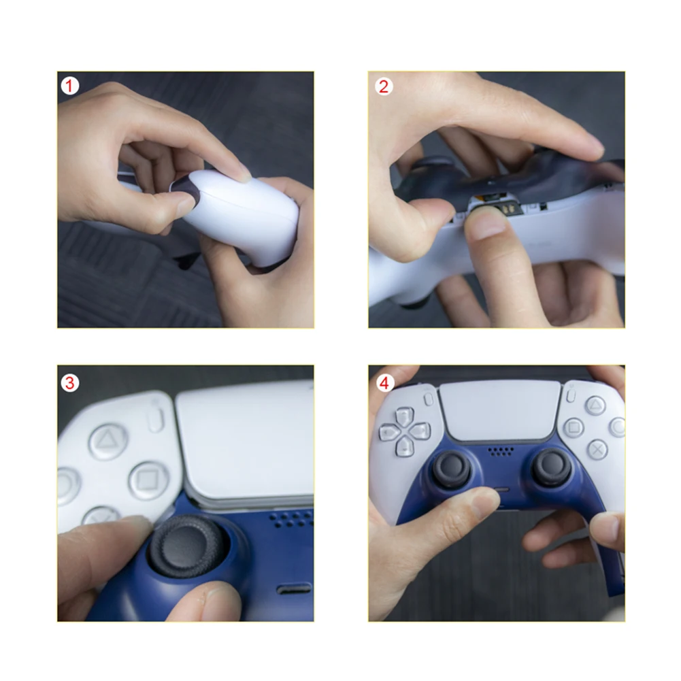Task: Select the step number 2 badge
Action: pos(384,86)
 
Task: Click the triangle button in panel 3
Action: pos(107,442)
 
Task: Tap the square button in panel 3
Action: pos(148,480)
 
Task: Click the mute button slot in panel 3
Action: pos(294,588)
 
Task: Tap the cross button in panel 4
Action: pos(597,449)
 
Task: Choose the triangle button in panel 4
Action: pos(595,405)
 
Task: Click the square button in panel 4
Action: pos(574,427)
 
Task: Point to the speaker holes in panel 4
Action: pos(501,450)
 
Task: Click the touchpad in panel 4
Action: pos(500,410)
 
